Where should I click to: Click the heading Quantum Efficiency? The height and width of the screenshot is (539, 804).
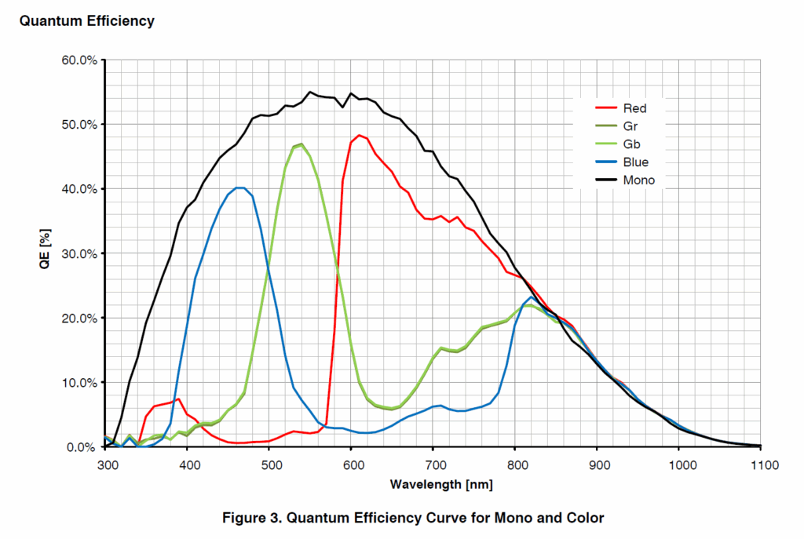click(86, 21)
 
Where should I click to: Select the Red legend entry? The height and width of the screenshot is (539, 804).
click(634, 108)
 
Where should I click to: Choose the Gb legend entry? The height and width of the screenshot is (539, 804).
click(630, 144)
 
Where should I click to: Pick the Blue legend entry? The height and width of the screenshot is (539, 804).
click(634, 162)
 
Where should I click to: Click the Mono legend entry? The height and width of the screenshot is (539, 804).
click(638, 180)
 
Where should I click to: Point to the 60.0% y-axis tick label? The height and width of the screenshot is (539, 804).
click(79, 60)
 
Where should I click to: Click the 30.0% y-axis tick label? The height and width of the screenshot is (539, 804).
click(79, 254)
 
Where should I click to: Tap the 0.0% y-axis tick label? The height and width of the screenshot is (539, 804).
click(81, 447)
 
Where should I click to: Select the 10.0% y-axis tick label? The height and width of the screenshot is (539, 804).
click(79, 383)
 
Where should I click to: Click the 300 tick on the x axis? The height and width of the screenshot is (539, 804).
click(105, 465)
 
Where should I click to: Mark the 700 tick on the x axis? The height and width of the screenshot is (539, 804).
click(433, 465)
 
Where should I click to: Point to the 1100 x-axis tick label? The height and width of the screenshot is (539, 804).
click(761, 465)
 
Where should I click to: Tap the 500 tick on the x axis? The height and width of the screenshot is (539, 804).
click(269, 465)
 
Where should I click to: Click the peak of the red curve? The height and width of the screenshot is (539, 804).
click(360, 136)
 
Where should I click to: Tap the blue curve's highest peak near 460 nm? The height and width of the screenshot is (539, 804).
click(239, 188)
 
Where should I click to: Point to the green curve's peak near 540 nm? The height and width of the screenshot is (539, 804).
click(301, 144)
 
